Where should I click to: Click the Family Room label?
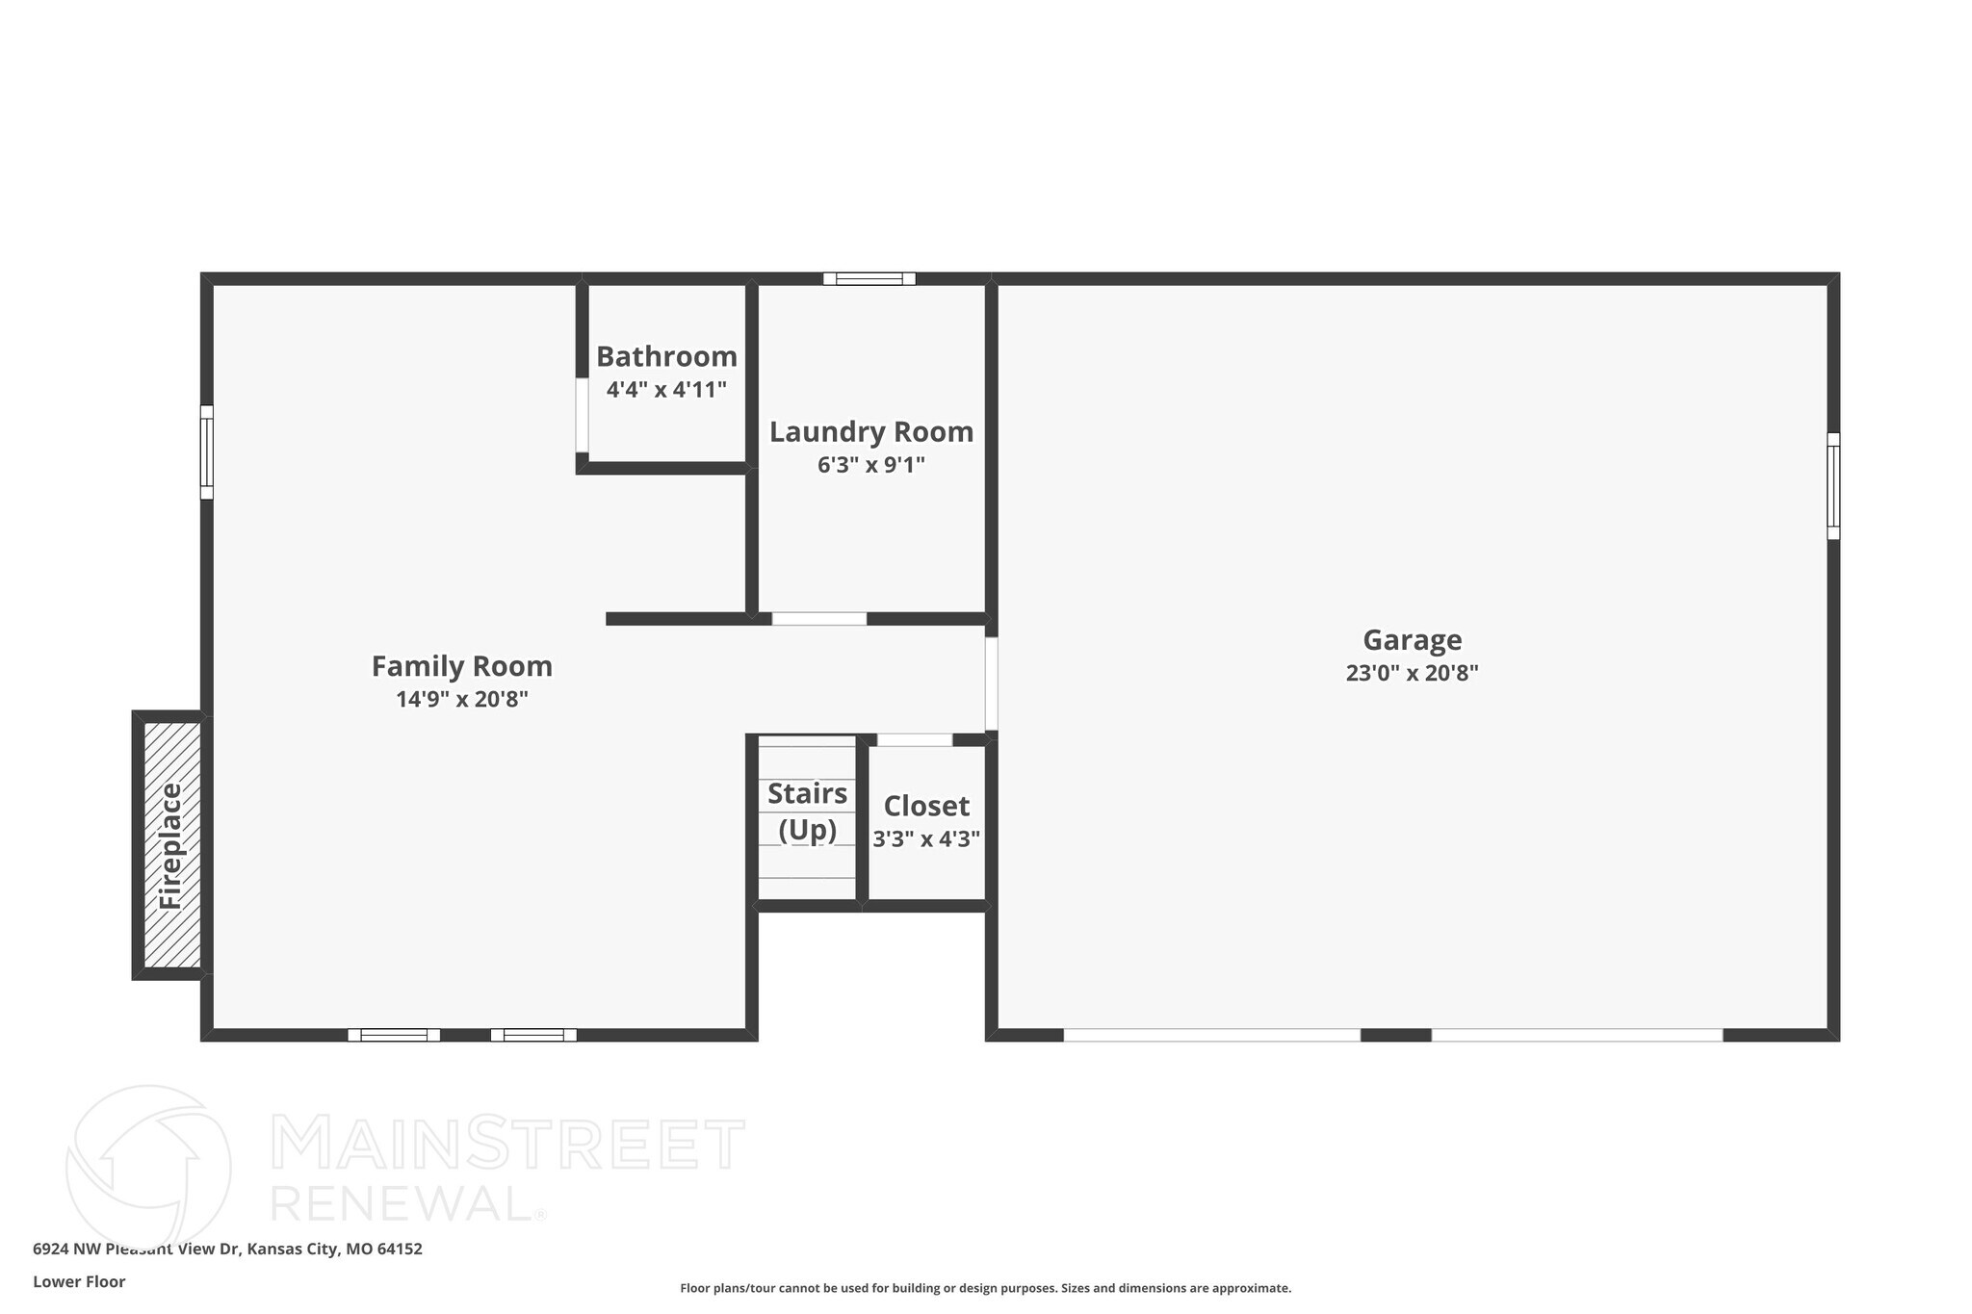pyautogui.click(x=461, y=666)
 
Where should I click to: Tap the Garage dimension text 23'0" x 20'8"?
pyautogui.click(x=1412, y=673)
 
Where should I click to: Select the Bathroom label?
pyautogui.click(x=666, y=356)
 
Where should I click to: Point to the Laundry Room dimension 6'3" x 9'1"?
pyautogui.click(x=870, y=465)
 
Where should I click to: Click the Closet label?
pyautogui.click(x=926, y=806)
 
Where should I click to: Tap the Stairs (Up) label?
pyautogui.click(x=807, y=811)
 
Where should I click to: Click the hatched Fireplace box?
pyautogui.click(x=172, y=844)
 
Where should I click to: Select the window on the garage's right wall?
pyautogui.click(x=1832, y=485)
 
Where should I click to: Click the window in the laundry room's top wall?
pyautogui.click(x=869, y=279)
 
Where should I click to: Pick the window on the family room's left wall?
pyautogui.click(x=207, y=452)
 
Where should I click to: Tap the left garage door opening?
pyautogui.click(x=1211, y=1035)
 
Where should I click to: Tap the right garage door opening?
pyautogui.click(x=1576, y=1035)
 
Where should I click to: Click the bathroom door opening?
pyautogui.click(x=582, y=415)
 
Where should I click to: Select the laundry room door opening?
pyautogui.click(x=818, y=619)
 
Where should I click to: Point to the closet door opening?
pyautogui.click(x=914, y=740)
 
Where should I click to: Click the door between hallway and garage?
pyautogui.click(x=991, y=683)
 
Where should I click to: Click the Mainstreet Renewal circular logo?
pyautogui.click(x=148, y=1168)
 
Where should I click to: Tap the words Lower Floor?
pyautogui.click(x=79, y=1281)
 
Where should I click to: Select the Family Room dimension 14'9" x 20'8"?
pyautogui.click(x=461, y=700)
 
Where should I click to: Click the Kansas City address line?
pyautogui.click(x=227, y=1249)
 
